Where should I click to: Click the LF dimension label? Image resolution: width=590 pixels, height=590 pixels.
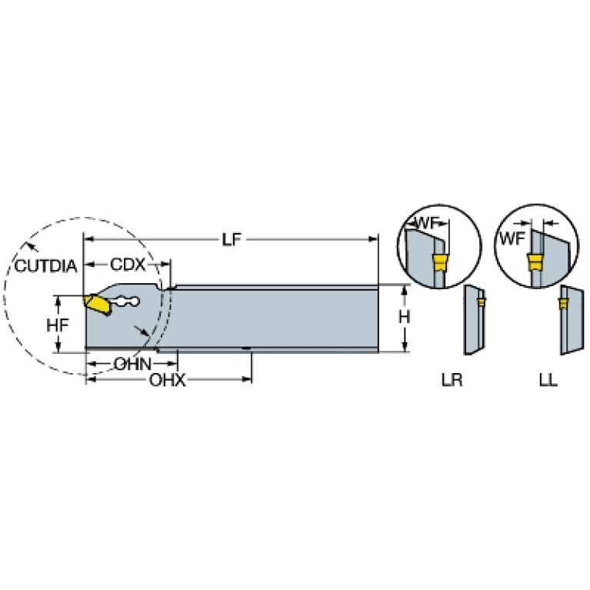(x=231, y=239)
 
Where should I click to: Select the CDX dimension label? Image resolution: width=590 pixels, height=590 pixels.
(x=128, y=265)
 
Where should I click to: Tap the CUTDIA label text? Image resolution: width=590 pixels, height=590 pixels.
(x=45, y=266)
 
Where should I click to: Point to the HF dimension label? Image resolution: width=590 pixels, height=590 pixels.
(x=58, y=325)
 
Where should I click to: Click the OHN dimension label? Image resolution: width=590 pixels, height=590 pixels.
(x=132, y=365)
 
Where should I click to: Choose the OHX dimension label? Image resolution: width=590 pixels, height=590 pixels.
(x=168, y=381)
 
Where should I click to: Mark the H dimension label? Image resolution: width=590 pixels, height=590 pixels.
(x=404, y=318)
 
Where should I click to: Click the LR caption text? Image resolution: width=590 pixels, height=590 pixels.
(x=452, y=381)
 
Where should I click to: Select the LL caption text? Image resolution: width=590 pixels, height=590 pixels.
(x=548, y=381)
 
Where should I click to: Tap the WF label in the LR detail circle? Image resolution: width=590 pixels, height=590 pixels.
(x=427, y=223)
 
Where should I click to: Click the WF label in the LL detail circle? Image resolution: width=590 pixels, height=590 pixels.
(x=512, y=238)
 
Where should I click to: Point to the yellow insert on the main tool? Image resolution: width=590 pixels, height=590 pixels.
(x=97, y=305)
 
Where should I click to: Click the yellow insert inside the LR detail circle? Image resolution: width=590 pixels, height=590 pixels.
(x=438, y=262)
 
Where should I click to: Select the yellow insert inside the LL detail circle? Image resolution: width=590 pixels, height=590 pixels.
(x=535, y=262)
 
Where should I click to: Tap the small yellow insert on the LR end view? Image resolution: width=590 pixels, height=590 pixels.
(x=481, y=302)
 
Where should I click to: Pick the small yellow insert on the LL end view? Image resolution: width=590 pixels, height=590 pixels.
(x=563, y=303)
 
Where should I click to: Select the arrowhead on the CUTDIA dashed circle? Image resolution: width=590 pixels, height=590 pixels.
(x=33, y=246)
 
